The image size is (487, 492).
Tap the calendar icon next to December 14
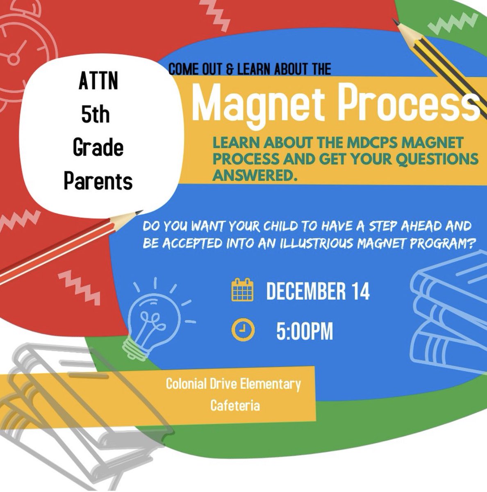point(242,290)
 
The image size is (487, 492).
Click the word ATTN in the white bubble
point(98,81)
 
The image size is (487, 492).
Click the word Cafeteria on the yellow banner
point(234,405)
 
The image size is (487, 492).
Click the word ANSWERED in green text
point(254,175)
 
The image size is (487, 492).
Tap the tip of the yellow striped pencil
point(394,19)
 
